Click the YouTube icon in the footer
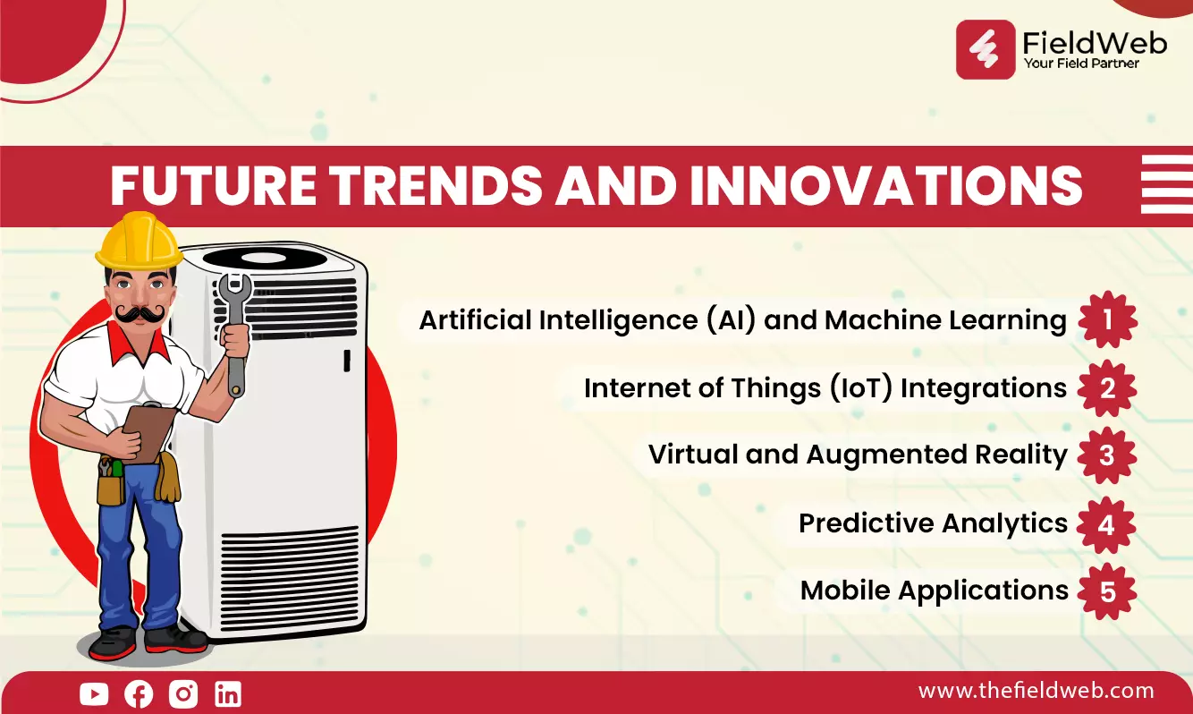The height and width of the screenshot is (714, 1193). tap(94, 693)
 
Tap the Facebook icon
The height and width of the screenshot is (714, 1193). tap(139, 693)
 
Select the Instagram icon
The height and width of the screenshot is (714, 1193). tap(183, 693)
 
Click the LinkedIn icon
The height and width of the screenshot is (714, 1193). tap(228, 693)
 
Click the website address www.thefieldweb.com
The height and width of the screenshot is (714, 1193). tap(1036, 691)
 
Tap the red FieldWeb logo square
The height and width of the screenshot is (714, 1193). tap(986, 49)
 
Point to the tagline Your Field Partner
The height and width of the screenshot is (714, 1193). tap(1081, 64)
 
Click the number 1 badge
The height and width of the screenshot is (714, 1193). tap(1108, 319)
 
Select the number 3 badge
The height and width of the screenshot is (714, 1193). tap(1107, 455)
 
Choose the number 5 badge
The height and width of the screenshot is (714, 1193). tap(1107, 591)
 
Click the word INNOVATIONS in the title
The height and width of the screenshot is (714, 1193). tap(886, 185)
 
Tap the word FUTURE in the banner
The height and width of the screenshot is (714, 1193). tap(213, 185)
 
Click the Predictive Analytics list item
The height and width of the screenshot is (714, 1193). tap(933, 523)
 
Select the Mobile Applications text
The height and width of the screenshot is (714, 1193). tap(935, 591)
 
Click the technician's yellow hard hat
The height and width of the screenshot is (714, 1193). tap(139, 240)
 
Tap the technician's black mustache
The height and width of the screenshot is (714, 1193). tap(140, 314)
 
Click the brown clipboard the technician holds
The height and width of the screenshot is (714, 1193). tap(148, 433)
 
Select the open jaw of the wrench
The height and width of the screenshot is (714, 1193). tap(235, 288)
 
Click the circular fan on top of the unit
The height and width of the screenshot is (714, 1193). tap(265, 259)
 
